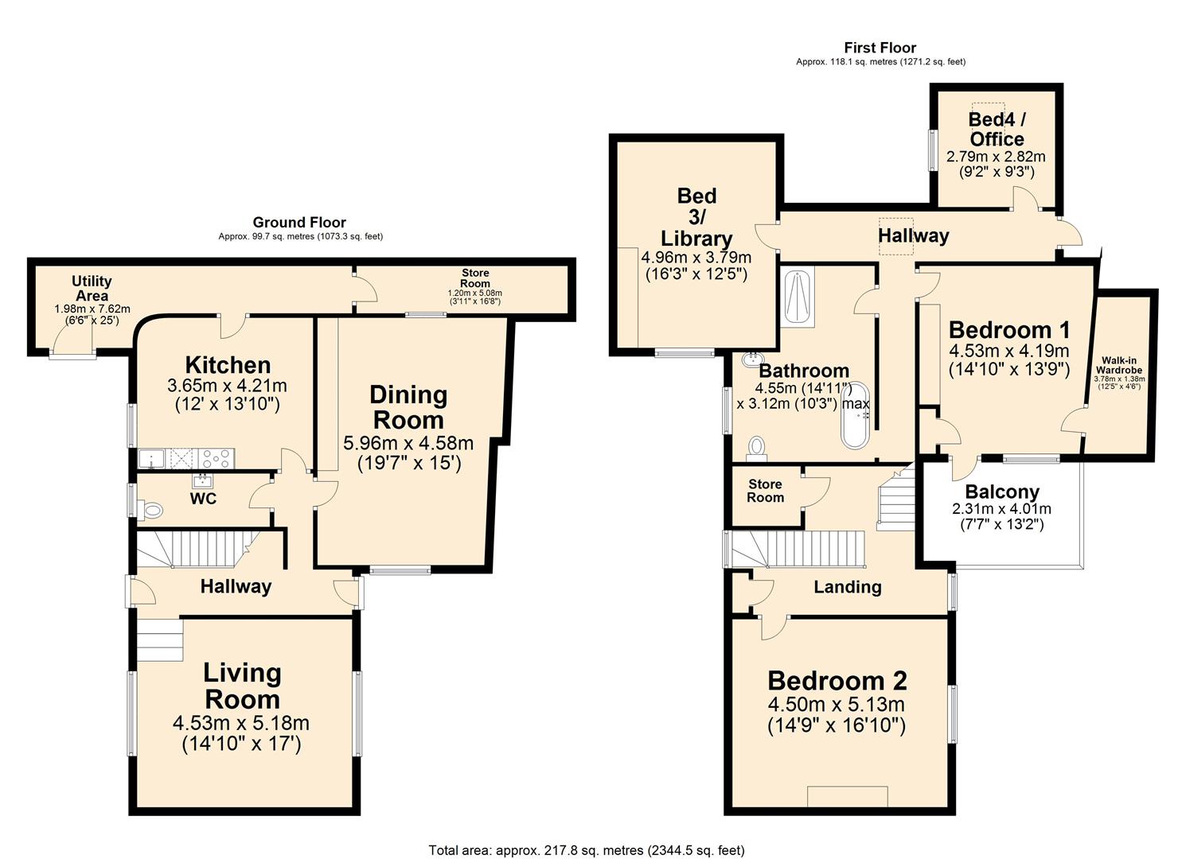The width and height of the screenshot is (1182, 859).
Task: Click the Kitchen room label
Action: coord(228,365)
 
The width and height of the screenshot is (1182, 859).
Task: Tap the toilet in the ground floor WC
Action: coord(150,509)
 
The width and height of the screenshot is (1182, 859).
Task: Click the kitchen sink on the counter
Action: coord(150,458)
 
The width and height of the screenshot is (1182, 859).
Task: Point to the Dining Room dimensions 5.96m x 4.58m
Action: coord(408,443)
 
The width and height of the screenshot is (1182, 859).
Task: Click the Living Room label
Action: coord(242,686)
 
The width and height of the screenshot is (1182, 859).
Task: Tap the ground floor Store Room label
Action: coord(475,278)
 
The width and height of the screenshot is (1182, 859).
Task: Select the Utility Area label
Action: coord(92,288)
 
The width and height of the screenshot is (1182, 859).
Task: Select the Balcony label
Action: coord(1001,492)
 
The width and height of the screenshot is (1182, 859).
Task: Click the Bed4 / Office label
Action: coord(996,129)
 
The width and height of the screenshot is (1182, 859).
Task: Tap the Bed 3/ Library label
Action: coord(696,216)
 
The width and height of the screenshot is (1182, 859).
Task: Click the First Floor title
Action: coord(880,48)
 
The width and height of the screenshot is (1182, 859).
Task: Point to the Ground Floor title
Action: coord(299,223)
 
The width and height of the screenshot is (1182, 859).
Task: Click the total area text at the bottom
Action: coord(587,850)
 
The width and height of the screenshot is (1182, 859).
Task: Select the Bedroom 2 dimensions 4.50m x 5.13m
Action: coord(837,705)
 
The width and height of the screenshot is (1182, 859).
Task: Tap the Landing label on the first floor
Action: coord(847,587)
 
